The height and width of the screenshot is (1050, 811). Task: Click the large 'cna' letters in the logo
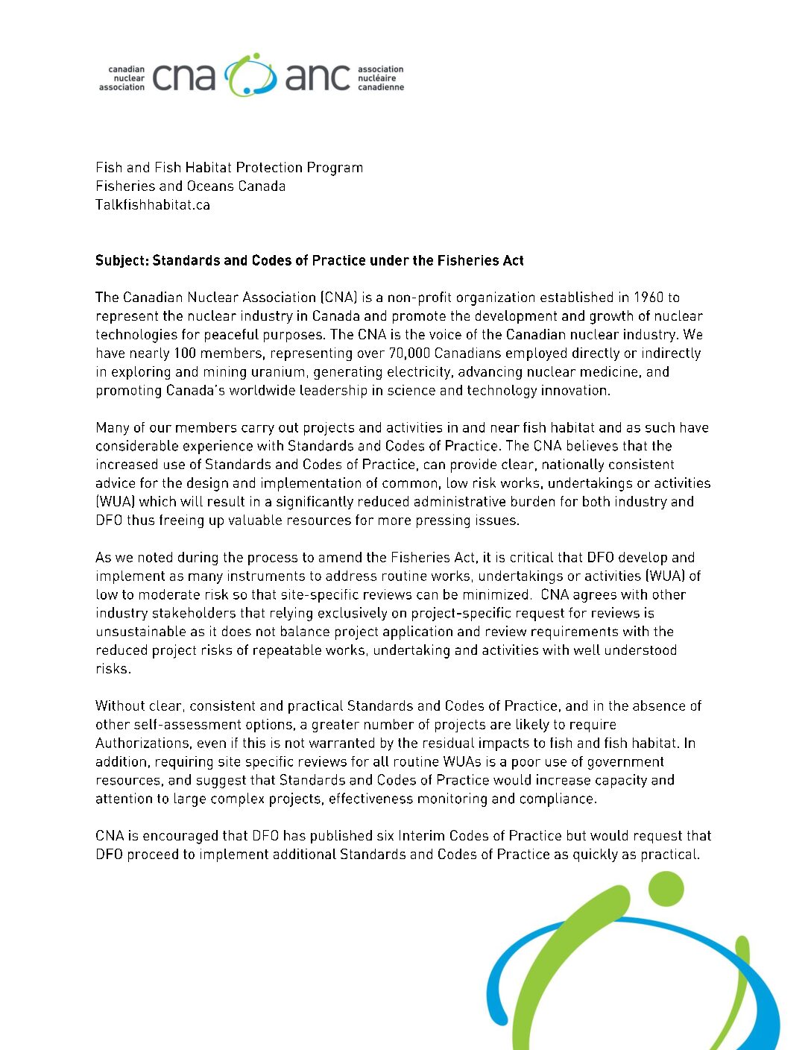tap(183, 78)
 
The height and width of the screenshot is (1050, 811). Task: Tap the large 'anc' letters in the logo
tap(318, 78)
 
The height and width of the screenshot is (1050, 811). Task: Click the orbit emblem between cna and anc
tap(250, 75)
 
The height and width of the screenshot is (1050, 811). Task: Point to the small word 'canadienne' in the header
tap(381, 87)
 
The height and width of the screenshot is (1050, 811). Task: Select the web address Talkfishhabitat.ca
tap(153, 205)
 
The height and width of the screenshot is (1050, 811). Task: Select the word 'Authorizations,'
tap(142, 744)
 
